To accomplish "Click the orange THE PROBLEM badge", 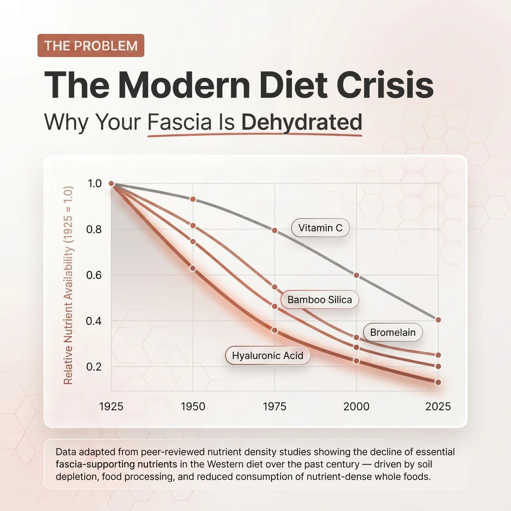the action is [x=91, y=46].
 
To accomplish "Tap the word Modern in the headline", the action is [x=184, y=85].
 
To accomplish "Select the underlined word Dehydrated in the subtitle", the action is [x=301, y=122].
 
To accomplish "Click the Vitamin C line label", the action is [x=320, y=228].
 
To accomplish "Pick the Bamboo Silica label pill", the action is [x=319, y=299].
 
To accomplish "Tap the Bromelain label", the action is [x=393, y=333].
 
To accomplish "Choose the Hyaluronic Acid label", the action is [x=268, y=355].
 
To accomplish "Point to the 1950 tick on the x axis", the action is [x=193, y=406].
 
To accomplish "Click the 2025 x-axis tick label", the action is [x=438, y=406].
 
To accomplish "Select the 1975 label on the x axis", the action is [x=275, y=406].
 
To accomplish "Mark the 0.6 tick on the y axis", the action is [x=94, y=275].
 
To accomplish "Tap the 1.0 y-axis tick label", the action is [x=94, y=184].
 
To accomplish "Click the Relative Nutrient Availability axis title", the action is [x=68, y=285].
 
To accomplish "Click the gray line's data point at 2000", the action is [x=357, y=275].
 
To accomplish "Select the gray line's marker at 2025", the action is [x=438, y=320].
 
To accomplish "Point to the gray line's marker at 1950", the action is [x=193, y=199].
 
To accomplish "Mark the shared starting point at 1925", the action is [x=111, y=184].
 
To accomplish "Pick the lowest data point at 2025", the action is [x=438, y=382].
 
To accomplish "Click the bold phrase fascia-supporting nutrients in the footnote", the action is [x=116, y=464].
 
